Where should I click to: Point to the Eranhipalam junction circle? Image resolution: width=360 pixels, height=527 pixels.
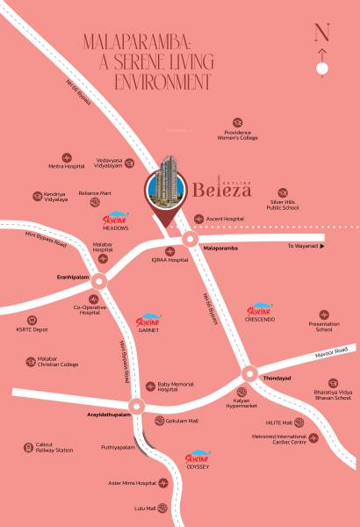98,283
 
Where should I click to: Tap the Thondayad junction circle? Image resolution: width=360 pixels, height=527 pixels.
248,373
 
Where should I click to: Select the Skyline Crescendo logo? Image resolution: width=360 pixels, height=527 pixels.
260,313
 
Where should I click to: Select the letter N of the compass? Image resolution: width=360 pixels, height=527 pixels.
322,34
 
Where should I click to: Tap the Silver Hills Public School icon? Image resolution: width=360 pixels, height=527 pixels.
282,191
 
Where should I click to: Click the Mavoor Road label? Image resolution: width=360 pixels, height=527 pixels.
329,352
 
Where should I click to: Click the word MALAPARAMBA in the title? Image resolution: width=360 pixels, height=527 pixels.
134,41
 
